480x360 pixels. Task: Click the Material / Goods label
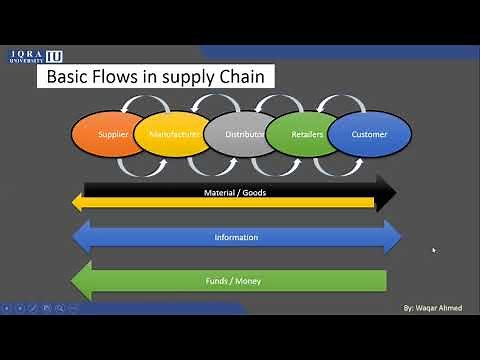click(236, 191)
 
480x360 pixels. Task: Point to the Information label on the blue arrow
click(236, 237)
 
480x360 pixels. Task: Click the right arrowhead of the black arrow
click(386, 191)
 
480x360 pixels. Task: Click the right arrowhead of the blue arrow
click(391, 237)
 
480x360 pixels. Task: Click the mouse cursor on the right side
click(433, 250)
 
